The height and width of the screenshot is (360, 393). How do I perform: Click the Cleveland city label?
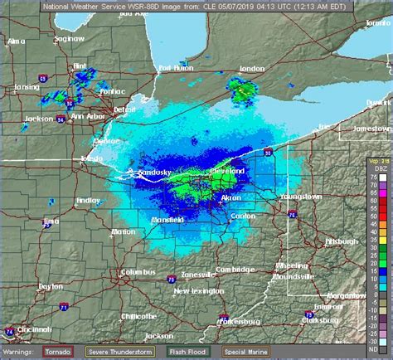pos(228,170)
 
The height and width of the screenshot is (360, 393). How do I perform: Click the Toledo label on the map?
pos(93,158)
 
